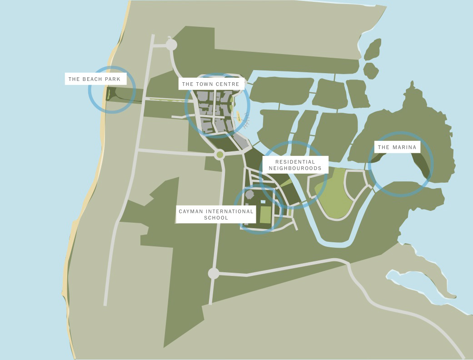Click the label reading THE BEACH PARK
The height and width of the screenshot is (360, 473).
(x=95, y=79)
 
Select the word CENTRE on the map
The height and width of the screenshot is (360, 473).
(x=228, y=84)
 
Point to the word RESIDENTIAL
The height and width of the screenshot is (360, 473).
(x=295, y=162)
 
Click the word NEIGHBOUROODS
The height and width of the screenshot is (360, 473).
(x=295, y=168)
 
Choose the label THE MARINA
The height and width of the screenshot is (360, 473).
(x=397, y=147)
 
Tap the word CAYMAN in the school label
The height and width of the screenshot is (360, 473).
(x=191, y=211)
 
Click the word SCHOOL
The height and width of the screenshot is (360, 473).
(x=216, y=218)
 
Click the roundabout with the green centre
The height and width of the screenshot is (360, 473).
(x=220, y=155)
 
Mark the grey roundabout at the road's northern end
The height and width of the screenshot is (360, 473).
(x=171, y=45)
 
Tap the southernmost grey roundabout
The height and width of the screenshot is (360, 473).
(x=214, y=273)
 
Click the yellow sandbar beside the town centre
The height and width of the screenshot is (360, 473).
(x=239, y=116)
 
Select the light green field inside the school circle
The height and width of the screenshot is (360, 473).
(x=265, y=215)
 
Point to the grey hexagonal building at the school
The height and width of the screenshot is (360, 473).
(x=249, y=195)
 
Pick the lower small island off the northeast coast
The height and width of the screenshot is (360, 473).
(x=371, y=71)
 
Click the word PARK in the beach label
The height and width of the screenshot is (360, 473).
(x=113, y=79)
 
